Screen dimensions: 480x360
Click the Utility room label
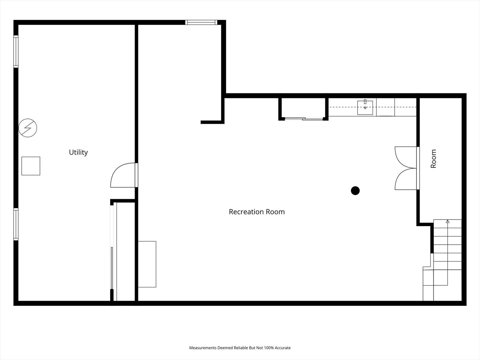(78, 152)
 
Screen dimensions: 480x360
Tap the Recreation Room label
(257, 212)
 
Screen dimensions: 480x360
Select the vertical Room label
(433, 159)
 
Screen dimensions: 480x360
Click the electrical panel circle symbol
(28, 128)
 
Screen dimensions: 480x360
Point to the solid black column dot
(355, 191)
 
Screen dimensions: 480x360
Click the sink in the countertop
(365, 108)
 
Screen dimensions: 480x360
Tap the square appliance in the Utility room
(31, 166)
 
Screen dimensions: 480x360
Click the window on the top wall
(201, 22)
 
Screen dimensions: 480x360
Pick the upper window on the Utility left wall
(16, 51)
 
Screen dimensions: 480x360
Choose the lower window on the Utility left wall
(16, 224)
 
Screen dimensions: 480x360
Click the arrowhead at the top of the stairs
(448, 221)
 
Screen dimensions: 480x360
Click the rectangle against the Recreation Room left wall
(147, 264)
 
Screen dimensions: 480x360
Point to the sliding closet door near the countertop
(304, 119)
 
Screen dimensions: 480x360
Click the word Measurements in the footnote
(203, 348)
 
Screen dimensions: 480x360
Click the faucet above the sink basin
(365, 102)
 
